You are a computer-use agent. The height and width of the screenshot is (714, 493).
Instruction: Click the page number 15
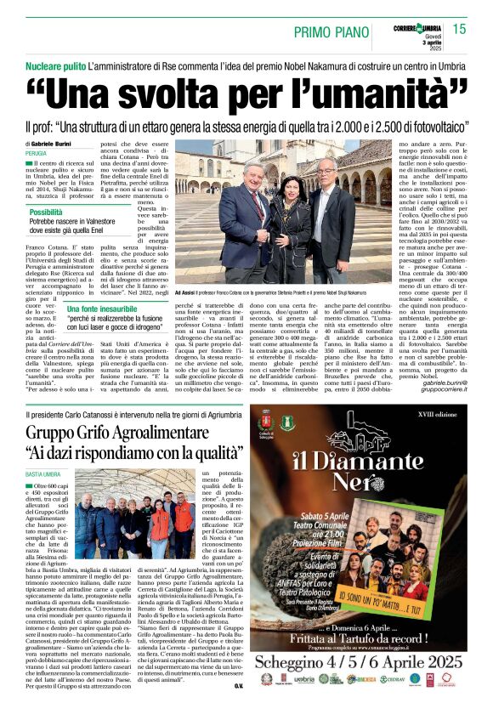click(459, 29)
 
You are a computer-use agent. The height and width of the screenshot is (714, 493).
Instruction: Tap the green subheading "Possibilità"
click(52, 212)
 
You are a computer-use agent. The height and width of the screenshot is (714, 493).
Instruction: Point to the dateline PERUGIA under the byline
click(36, 153)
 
